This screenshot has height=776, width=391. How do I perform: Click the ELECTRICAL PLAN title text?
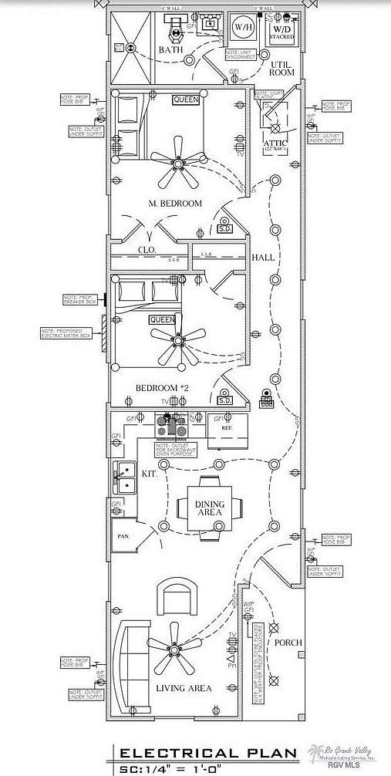pos(207,753)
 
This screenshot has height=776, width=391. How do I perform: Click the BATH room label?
pos(170,50)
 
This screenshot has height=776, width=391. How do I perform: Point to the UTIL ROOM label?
pos(281,68)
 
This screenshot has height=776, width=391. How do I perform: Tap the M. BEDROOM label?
pos(175,204)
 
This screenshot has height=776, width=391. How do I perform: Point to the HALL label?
pos(264,257)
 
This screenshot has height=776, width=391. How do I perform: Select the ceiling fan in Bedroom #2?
pos(178,339)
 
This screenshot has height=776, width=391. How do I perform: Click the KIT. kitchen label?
pos(150,474)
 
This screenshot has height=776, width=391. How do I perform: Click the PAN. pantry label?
pos(123,535)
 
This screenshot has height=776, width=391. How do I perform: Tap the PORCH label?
pos(288,643)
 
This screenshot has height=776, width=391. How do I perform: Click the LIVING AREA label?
pos(184,688)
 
